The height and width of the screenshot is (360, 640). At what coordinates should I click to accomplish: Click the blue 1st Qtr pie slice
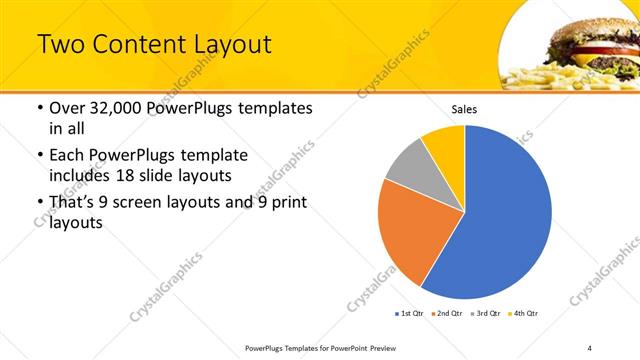pyautogui.click(x=505, y=215)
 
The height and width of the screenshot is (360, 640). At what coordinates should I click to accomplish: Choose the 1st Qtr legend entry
pyautogui.click(x=410, y=314)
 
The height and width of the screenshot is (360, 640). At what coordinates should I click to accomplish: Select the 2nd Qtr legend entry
pyautogui.click(x=446, y=314)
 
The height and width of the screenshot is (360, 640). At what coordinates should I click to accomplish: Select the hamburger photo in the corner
pyautogui.click(x=570, y=45)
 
